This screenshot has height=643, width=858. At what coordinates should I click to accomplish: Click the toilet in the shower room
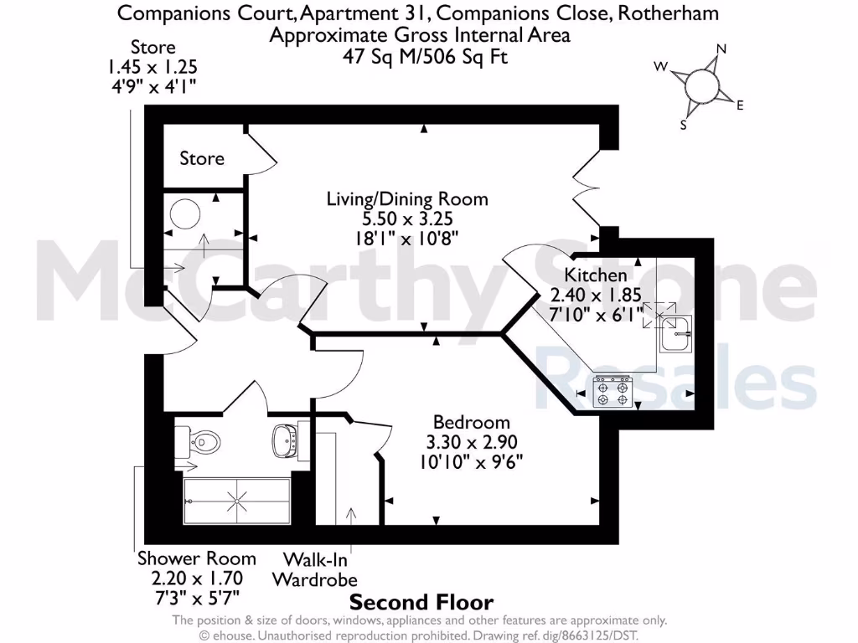click(x=200, y=438)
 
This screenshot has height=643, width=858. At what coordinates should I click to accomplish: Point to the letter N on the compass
click(x=721, y=49)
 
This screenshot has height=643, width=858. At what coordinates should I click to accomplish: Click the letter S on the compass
click(x=684, y=126)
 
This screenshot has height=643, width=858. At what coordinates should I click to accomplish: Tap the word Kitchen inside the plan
click(x=595, y=275)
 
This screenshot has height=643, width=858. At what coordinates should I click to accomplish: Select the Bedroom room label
click(x=471, y=422)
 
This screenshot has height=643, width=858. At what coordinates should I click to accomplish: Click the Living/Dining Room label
click(x=407, y=199)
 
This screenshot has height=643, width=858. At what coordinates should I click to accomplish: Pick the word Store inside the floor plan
click(x=202, y=158)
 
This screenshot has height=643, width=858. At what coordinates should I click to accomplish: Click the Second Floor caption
click(x=421, y=602)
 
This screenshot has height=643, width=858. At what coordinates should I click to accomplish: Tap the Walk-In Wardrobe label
click(x=314, y=569)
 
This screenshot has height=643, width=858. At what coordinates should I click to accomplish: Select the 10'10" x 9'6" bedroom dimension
click(x=471, y=461)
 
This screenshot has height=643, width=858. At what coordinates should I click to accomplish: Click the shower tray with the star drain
click(x=237, y=502)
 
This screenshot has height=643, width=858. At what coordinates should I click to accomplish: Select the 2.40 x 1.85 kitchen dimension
click(x=595, y=295)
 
